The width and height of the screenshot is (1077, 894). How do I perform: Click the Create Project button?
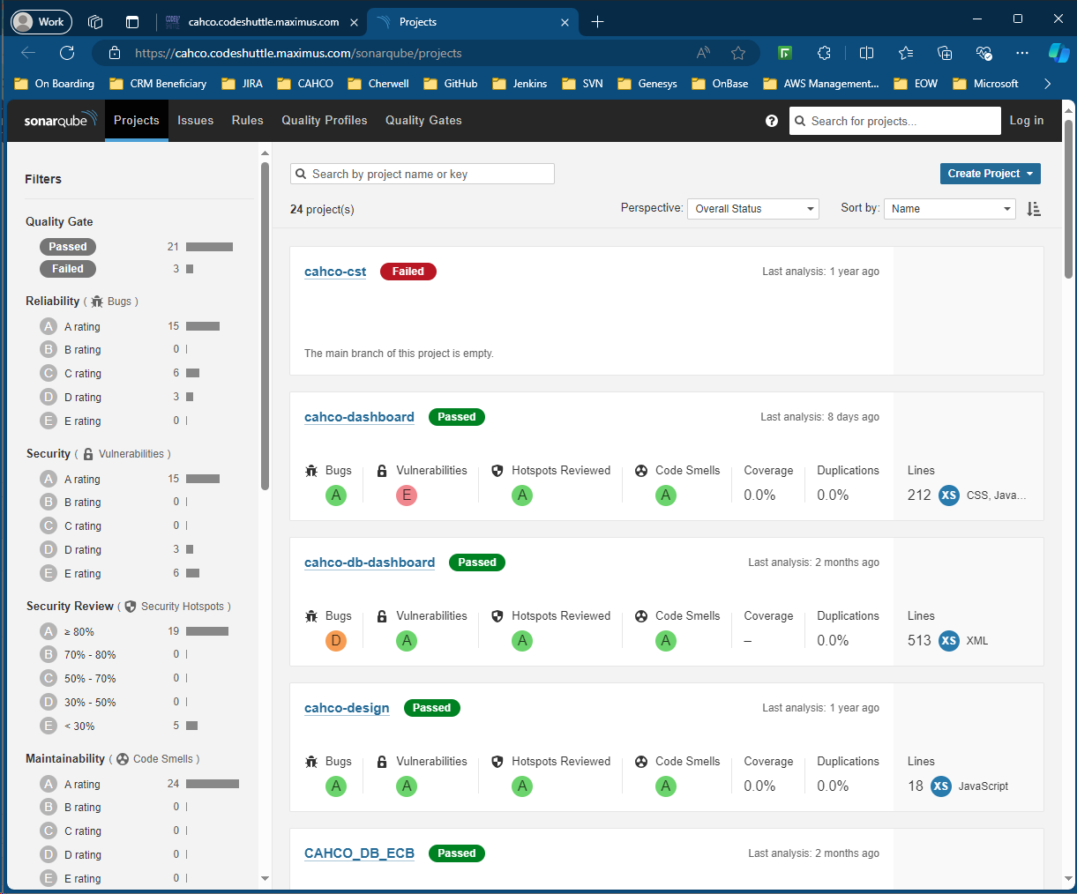[x=990, y=174]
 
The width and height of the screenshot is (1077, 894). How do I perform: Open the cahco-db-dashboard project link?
[x=370, y=562]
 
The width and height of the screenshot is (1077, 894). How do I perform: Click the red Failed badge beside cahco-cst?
[x=408, y=272]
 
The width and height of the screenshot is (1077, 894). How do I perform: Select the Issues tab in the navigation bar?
[x=195, y=121]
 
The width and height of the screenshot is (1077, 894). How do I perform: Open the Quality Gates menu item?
[x=423, y=121]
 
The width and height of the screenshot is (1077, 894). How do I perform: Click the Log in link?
[x=1026, y=121]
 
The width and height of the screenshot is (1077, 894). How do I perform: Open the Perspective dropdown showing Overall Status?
[x=752, y=209]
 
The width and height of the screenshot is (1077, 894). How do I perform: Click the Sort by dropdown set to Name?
[x=949, y=209]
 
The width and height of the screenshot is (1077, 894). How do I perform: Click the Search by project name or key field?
[x=423, y=174]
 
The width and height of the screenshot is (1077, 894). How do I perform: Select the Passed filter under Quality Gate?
[x=68, y=247]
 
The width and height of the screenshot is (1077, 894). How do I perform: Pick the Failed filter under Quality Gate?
[x=68, y=269]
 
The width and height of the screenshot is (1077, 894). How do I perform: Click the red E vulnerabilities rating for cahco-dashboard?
[x=407, y=495]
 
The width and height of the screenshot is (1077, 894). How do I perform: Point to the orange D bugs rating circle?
[x=336, y=641]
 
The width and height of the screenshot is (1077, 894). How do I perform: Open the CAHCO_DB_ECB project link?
[x=359, y=853]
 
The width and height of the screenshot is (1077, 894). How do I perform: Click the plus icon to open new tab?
[x=597, y=22]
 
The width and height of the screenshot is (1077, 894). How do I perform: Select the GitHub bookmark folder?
[x=451, y=84]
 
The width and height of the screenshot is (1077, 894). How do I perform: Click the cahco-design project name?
[x=347, y=708]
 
